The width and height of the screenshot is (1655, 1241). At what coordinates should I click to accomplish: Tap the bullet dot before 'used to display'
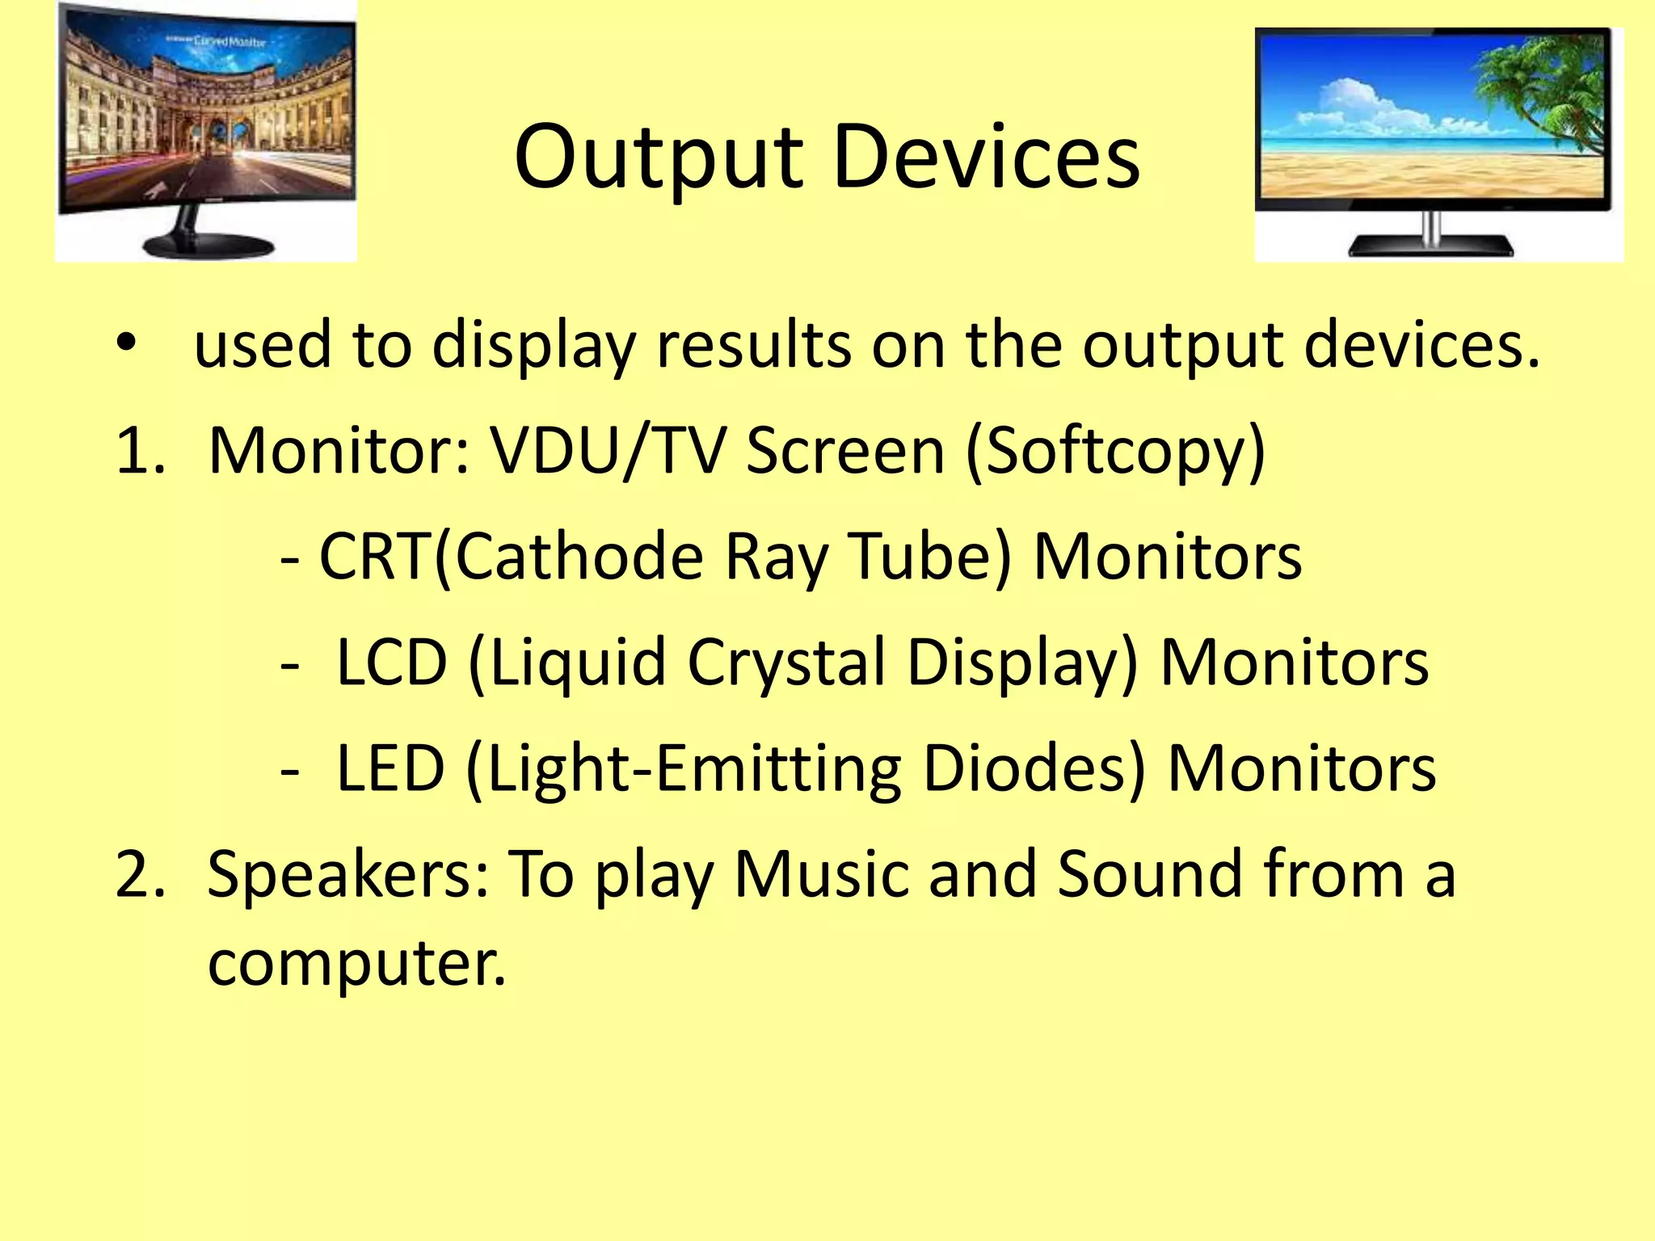127,343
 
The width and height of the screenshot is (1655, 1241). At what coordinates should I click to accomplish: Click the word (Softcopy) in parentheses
1115,452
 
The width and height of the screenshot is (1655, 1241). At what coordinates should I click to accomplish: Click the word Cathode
579,557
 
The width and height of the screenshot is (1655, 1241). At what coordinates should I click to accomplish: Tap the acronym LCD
391,663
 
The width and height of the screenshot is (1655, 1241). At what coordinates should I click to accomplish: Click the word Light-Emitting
695,769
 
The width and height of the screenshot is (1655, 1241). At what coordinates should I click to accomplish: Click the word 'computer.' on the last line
356,965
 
